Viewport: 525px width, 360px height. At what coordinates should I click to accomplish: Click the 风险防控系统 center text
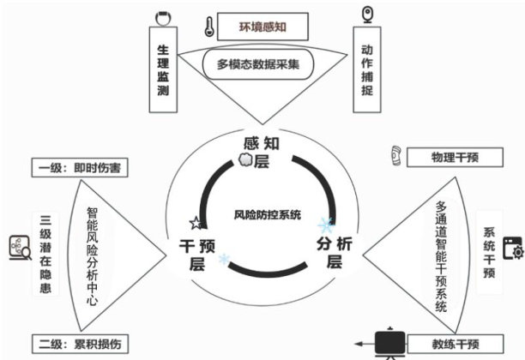268,214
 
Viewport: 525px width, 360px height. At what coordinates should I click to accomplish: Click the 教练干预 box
455,345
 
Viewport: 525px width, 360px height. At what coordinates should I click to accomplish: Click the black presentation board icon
393,343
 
